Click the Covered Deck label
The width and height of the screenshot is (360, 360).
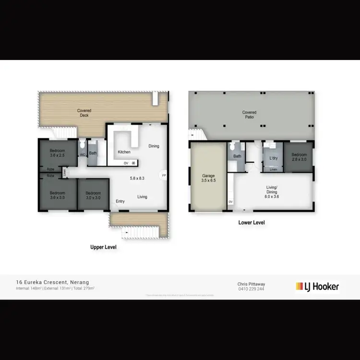(84, 113)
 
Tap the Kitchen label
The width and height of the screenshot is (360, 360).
(124, 152)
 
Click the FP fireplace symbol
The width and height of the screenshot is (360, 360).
(164, 175)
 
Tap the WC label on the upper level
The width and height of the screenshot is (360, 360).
(82, 155)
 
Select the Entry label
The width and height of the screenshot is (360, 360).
(120, 201)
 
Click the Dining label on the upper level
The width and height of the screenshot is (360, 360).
(154, 146)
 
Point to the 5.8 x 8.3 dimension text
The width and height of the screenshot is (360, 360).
(137, 179)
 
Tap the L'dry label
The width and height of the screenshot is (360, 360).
(273, 158)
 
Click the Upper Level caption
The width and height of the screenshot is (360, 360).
(104, 247)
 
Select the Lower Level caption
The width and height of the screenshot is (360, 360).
(252, 223)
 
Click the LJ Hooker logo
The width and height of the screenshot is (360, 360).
(317, 287)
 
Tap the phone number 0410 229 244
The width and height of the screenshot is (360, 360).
(251, 289)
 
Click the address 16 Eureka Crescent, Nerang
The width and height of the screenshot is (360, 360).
(52, 282)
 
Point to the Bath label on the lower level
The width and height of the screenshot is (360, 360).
(237, 156)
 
